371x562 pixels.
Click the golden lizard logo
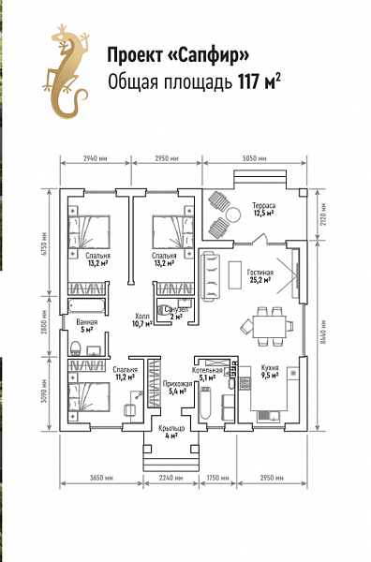pos(67,72)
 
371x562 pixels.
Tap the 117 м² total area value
pos(259,81)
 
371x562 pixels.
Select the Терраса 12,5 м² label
pos(263,209)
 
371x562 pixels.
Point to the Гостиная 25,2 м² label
pos(260,276)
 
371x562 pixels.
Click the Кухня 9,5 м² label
pos(270,372)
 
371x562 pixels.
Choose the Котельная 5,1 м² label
pos(207,374)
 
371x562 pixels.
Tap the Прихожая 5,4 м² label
pos(177,388)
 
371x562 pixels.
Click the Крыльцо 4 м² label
pos(171,432)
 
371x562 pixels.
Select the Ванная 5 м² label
pos(87,326)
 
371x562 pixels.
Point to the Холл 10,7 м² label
pos(142,319)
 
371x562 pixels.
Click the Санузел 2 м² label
pos(176,313)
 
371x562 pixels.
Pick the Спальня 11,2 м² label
pos(126,373)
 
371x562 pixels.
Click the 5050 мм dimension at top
pos(254,158)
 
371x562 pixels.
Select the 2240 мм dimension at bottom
pos(171,478)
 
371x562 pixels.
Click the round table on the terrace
pos(233,215)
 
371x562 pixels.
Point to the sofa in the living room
pos(210,276)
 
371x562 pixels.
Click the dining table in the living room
pos(269,327)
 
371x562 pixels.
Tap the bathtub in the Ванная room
pos(87,306)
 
